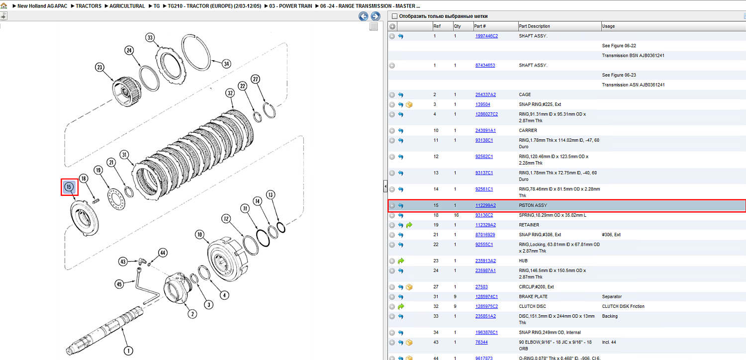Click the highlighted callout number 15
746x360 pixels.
tap(69, 187)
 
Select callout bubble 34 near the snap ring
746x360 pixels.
tap(226, 64)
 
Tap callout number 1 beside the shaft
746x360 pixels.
tap(128, 351)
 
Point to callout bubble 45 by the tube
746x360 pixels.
tap(119, 284)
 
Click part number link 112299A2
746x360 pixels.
tap(485, 205)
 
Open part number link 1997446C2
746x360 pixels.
tap(486, 36)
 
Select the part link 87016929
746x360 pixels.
tap(485, 235)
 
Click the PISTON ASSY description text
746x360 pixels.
tap(533, 205)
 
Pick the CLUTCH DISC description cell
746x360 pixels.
tap(532, 306)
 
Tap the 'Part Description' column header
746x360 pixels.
tap(534, 26)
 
